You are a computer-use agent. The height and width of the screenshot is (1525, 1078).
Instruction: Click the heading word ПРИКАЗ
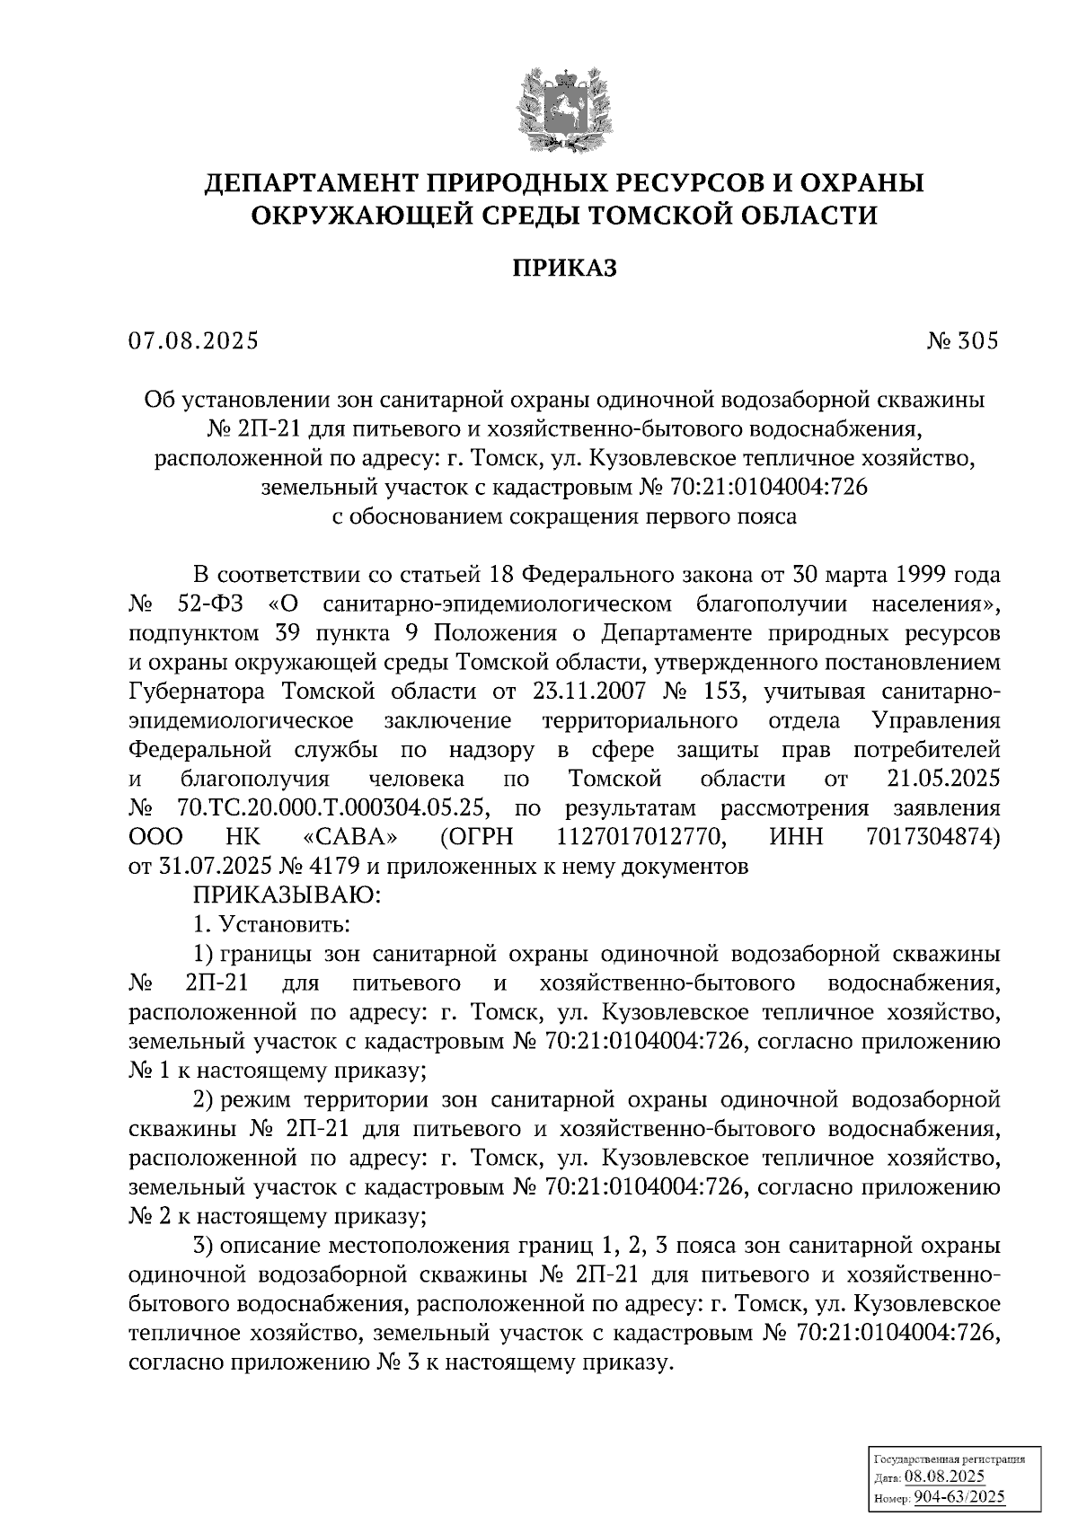pos(564,268)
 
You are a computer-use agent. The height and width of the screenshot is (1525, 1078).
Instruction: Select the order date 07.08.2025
pos(193,342)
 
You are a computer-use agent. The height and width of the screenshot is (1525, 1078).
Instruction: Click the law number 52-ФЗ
pos(212,603)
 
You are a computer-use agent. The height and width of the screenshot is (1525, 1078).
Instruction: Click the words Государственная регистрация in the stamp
pos(949,1459)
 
